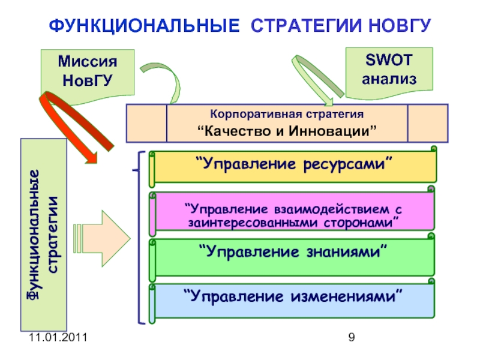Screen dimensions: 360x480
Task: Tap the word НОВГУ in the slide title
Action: [397, 26]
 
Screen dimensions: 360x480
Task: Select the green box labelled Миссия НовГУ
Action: [87, 71]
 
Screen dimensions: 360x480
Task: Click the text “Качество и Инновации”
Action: [287, 131]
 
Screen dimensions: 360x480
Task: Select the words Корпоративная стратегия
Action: [287, 113]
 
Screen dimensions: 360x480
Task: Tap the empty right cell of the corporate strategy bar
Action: [427, 122]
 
